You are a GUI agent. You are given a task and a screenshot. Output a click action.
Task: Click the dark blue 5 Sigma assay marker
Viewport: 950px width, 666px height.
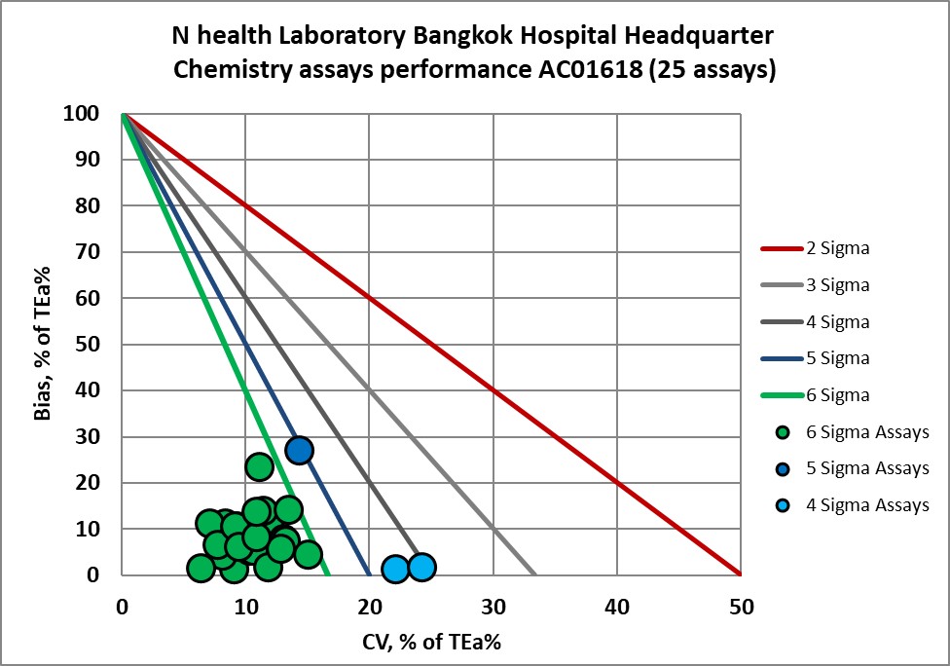click(x=299, y=450)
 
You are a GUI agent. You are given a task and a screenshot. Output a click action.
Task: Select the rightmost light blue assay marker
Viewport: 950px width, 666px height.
click(x=421, y=567)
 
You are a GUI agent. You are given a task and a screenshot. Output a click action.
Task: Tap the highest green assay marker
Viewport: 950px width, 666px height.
click(x=259, y=466)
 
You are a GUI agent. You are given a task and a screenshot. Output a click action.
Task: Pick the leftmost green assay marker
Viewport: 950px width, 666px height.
click(x=201, y=568)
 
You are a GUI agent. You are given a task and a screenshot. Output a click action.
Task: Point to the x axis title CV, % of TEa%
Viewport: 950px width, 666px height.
click(x=431, y=642)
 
